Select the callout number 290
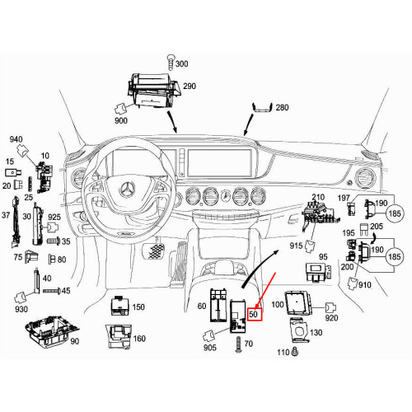(x=190, y=86)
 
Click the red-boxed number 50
(x=254, y=314)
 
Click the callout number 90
(x=75, y=341)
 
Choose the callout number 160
(x=139, y=339)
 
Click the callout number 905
(x=209, y=348)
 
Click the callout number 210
(x=317, y=197)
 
